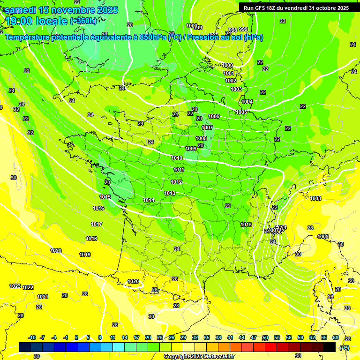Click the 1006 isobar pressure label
[214, 116]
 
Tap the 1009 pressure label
[191, 149]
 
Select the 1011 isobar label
[179, 170]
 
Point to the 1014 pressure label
[149, 200]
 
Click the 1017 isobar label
[97, 224]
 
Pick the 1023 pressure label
[15, 286]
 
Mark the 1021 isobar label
[43, 296]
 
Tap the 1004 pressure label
[247, 102]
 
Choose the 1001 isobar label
[229, 73]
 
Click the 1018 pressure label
[91, 239]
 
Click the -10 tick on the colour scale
[32, 337]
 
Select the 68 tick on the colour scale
[336, 337]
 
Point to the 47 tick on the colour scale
[254, 337]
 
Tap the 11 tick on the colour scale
[112, 337]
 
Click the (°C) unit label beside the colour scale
[344, 347]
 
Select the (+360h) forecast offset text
[83, 21]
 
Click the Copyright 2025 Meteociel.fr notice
[199, 356]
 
